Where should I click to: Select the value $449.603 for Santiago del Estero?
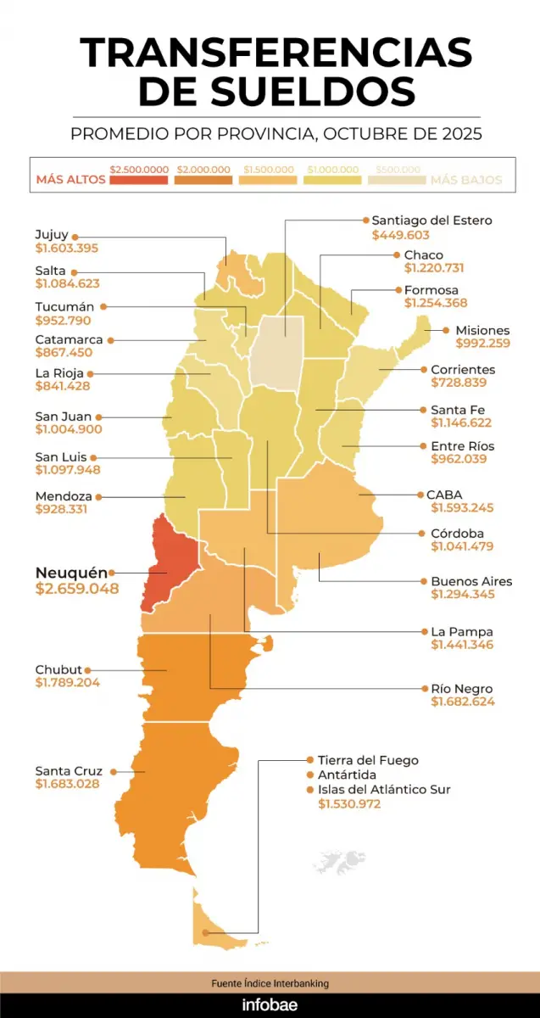click(400, 235)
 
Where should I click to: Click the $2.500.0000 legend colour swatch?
click(138, 180)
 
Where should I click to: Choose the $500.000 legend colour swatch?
click(397, 180)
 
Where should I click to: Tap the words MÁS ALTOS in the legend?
click(71, 180)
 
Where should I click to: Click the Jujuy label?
click(52, 235)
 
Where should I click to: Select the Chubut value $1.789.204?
click(67, 683)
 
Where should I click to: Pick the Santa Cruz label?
click(69, 770)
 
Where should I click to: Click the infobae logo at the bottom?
click(270, 1005)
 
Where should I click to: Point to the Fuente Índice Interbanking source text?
click(270, 983)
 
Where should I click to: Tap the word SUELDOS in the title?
click(276, 91)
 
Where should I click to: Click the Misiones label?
click(482, 330)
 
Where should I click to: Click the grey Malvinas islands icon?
click(338, 860)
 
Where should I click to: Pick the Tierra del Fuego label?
click(368, 760)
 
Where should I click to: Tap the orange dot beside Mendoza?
click(98, 496)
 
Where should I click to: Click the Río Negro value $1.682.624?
click(463, 702)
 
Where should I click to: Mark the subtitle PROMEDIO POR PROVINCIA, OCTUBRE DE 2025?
click(276, 134)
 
